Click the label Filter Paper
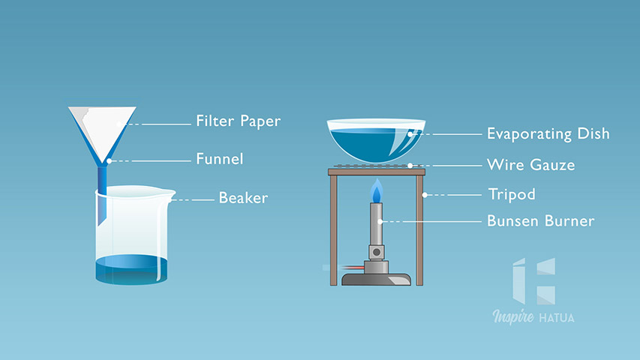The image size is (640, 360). point(239,121)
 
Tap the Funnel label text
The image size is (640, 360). point(220,159)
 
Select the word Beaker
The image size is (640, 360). point(243,198)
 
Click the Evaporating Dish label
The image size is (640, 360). point(548,134)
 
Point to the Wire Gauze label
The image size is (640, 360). point(531,165)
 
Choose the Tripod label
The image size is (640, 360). point(512,194)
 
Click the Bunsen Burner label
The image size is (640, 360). point(541,220)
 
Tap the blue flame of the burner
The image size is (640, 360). point(377,192)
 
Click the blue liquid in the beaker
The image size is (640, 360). point(131,269)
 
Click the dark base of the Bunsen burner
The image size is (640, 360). point(377,280)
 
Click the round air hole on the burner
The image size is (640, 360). point(377,252)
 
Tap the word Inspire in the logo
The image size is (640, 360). point(513,316)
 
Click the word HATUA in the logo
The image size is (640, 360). point(557,318)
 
